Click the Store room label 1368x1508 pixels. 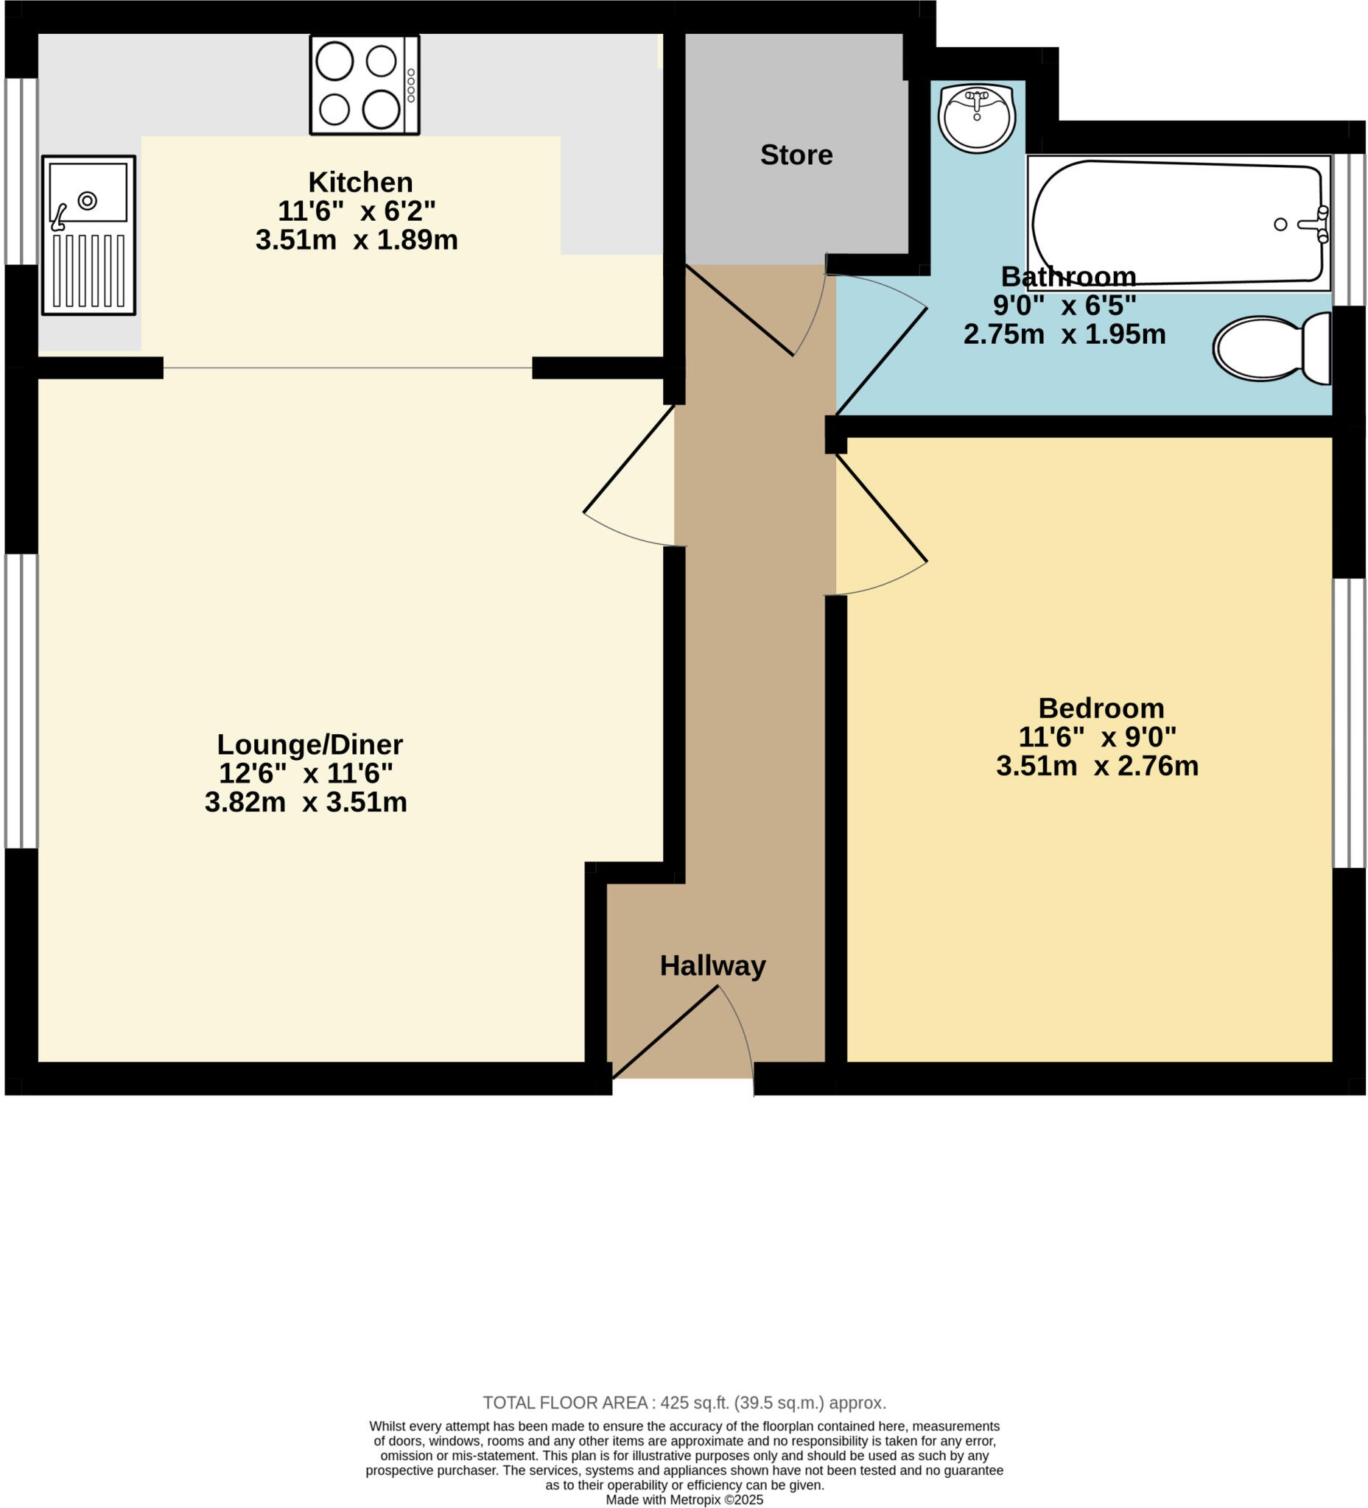[796, 155]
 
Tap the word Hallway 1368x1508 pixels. [712, 965]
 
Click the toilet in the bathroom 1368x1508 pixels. [1271, 348]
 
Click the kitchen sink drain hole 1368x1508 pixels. [88, 200]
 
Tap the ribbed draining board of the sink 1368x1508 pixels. [88, 270]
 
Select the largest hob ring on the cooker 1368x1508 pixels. [381, 109]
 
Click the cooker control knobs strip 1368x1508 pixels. [411, 85]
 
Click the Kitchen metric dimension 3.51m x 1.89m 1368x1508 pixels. [357, 240]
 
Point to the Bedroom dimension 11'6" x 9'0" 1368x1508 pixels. [1096, 737]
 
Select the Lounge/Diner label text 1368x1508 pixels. [310, 744]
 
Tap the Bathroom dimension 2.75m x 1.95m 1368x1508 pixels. [1064, 334]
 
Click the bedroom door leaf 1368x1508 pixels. [881, 508]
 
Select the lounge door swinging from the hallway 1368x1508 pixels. [628, 459]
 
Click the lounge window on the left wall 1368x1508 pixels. [21, 701]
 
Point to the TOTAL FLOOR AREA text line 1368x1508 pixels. [683, 1403]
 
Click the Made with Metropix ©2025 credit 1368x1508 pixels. [683, 1499]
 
